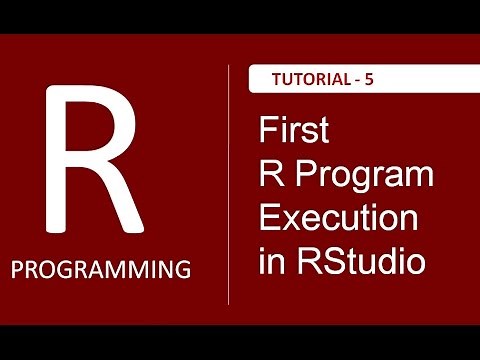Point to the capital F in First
coord(266,131)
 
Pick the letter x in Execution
coord(291,222)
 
